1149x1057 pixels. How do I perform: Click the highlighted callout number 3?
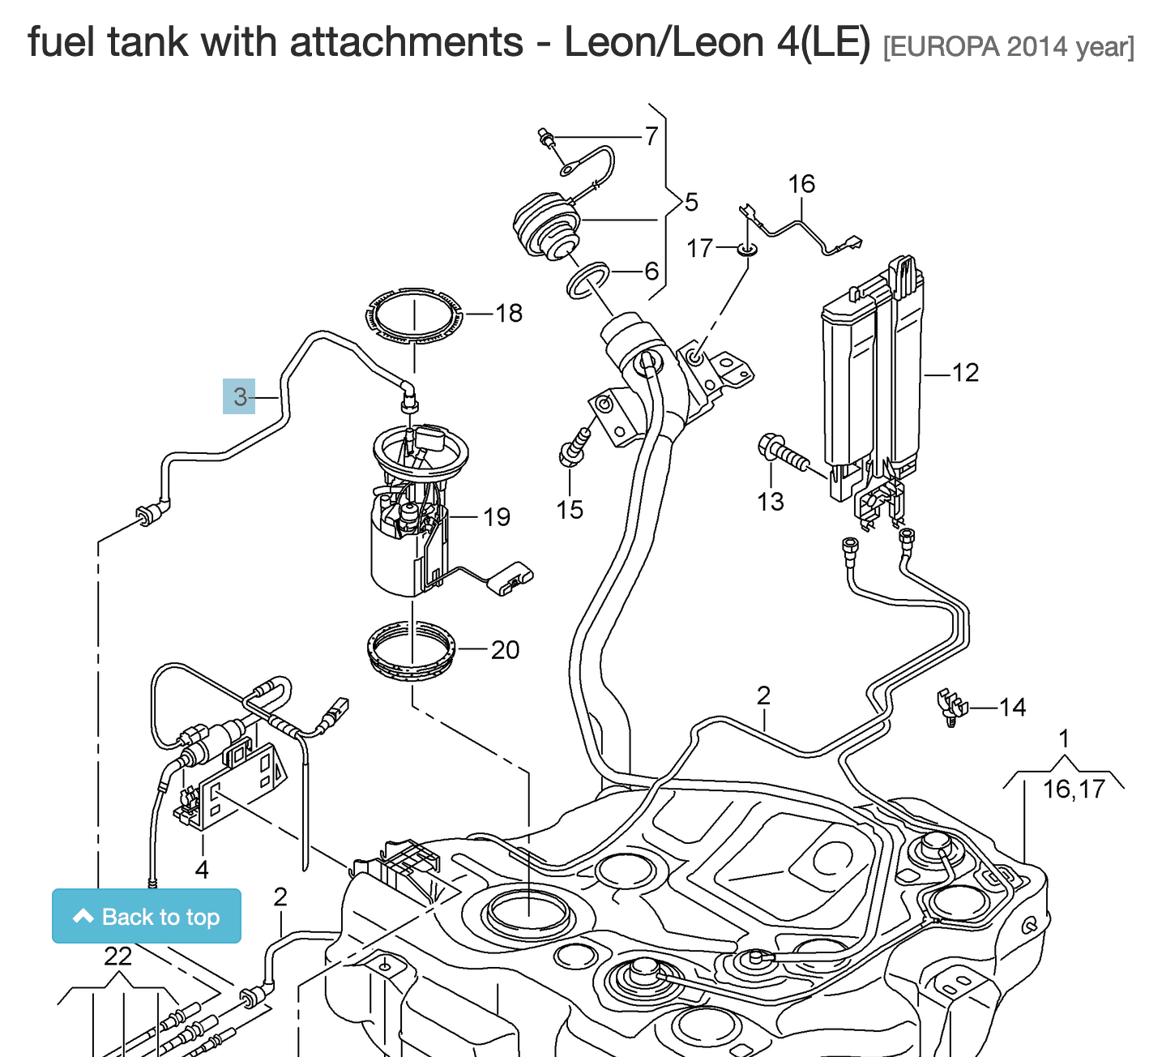click(x=239, y=396)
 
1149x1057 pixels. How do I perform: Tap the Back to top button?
click(x=147, y=916)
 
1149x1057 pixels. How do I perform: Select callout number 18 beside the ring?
click(x=509, y=313)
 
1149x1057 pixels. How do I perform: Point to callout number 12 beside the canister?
click(x=965, y=373)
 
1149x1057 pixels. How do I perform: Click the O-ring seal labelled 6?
click(x=587, y=280)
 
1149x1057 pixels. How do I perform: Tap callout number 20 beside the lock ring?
click(x=505, y=650)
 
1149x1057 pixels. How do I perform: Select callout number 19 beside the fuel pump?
click(x=497, y=517)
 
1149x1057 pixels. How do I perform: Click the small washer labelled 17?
click(x=747, y=248)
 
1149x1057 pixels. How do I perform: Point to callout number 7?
click(x=651, y=136)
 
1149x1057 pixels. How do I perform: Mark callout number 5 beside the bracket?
click(x=691, y=202)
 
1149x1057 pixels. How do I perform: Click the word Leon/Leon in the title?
click(x=664, y=42)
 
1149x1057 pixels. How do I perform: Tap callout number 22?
click(x=117, y=956)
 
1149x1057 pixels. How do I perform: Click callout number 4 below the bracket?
click(x=202, y=870)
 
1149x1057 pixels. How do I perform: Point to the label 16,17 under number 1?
click(x=1074, y=789)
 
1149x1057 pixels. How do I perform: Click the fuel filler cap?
click(x=547, y=225)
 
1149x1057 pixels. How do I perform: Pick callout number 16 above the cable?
click(x=801, y=184)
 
